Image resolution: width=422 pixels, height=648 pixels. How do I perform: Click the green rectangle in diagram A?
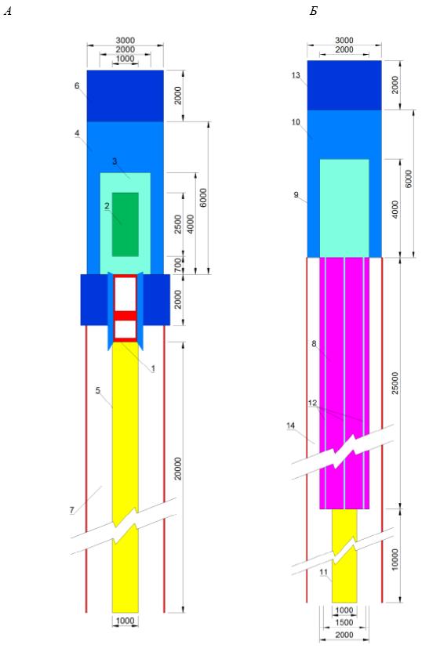coord(126,224)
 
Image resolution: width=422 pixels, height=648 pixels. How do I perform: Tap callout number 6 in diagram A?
coord(77,86)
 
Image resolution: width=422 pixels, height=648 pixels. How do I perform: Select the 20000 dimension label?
coord(177,469)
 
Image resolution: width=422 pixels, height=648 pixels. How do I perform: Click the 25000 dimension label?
coord(395,383)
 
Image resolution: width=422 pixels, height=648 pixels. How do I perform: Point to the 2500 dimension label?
coord(177,224)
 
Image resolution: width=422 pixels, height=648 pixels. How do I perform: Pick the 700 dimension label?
coord(177,265)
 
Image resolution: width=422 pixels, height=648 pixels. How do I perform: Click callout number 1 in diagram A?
coord(153,368)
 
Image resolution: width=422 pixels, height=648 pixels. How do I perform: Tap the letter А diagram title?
coord(7,12)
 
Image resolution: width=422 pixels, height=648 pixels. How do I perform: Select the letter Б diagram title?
coord(314,12)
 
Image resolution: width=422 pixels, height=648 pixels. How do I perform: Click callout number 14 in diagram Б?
coord(291,426)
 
